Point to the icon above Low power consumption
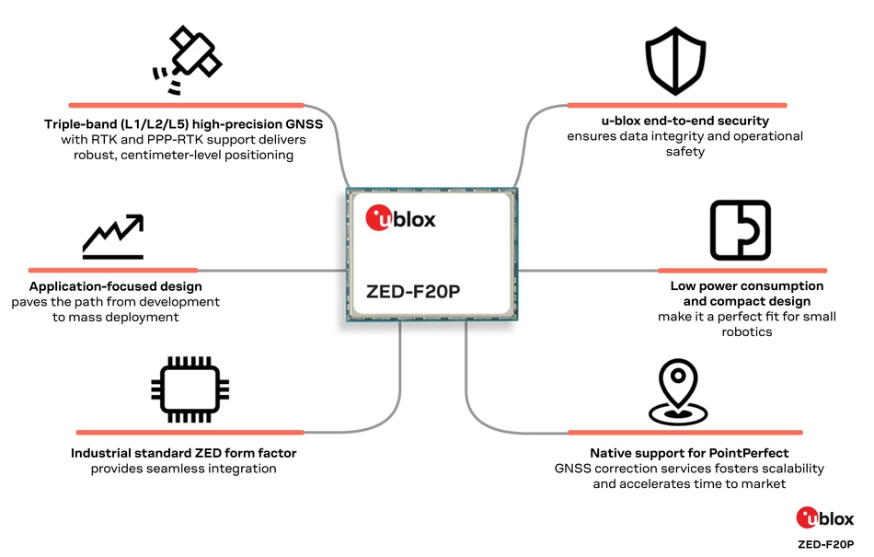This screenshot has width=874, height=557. (740, 230)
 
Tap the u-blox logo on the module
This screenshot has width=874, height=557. (401, 219)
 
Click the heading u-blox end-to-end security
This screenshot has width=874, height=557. (680, 121)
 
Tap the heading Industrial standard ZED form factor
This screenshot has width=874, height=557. (184, 453)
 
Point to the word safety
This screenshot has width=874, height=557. (684, 152)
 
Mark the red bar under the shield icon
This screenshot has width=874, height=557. (676, 105)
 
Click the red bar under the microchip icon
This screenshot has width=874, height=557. (189, 432)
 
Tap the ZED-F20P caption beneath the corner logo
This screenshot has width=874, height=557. (826, 544)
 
